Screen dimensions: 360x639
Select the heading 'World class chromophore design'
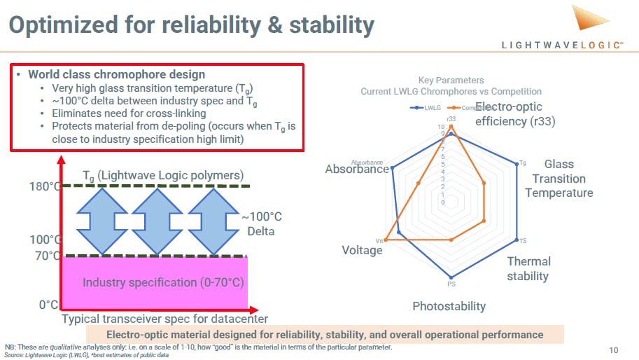(116, 75)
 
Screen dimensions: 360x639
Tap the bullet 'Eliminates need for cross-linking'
(129, 113)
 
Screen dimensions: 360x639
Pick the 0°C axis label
(48, 305)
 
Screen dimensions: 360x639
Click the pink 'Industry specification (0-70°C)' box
(155, 282)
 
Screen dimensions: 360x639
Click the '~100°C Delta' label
(261, 224)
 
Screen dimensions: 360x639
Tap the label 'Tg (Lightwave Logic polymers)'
(163, 174)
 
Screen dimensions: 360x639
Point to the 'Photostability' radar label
(449, 306)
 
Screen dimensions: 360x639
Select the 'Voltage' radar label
(362, 250)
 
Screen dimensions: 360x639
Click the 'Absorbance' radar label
(357, 169)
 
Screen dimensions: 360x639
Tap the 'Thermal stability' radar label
(528, 269)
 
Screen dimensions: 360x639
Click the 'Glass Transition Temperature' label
(559, 179)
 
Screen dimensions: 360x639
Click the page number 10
(613, 349)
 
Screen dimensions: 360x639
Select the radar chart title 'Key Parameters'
(451, 81)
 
